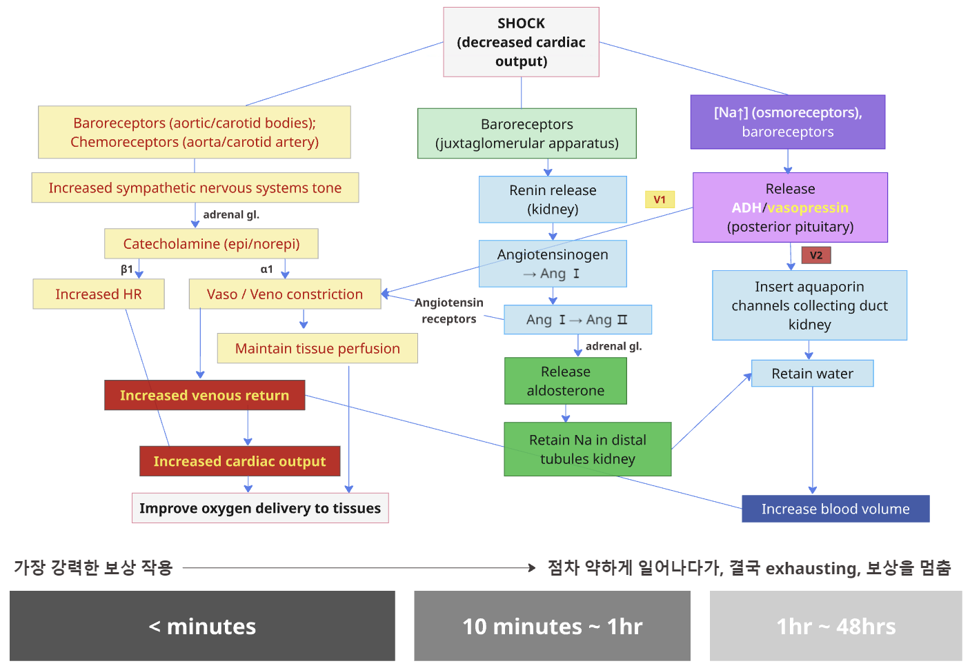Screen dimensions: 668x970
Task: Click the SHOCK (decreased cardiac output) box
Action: (x=521, y=42)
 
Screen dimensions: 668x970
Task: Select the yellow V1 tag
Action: (x=660, y=199)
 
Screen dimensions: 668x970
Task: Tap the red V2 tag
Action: (x=816, y=255)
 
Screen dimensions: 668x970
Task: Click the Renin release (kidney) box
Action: (x=553, y=199)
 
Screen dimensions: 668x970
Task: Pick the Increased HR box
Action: (x=98, y=294)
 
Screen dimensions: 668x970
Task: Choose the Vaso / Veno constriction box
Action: (x=284, y=294)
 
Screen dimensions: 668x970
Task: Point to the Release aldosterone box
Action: (x=565, y=381)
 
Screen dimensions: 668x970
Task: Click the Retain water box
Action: (x=812, y=374)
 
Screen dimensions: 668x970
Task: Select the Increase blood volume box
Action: (x=835, y=509)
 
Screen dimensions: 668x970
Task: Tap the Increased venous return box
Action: (x=204, y=395)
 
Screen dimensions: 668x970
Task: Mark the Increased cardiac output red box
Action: (x=239, y=461)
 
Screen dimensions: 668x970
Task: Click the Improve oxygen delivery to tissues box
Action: (x=260, y=508)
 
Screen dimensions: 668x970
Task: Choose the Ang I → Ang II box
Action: (x=577, y=320)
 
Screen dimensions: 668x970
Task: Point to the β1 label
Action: (x=127, y=269)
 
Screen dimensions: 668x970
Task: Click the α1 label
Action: (x=266, y=269)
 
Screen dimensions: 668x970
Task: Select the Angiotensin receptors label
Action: (x=448, y=311)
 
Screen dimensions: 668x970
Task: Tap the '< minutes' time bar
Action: (x=202, y=626)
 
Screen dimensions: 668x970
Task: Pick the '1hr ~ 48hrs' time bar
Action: (x=835, y=626)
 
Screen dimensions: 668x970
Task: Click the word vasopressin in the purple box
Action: (x=808, y=208)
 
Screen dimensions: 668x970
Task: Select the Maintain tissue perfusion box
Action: (x=317, y=348)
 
